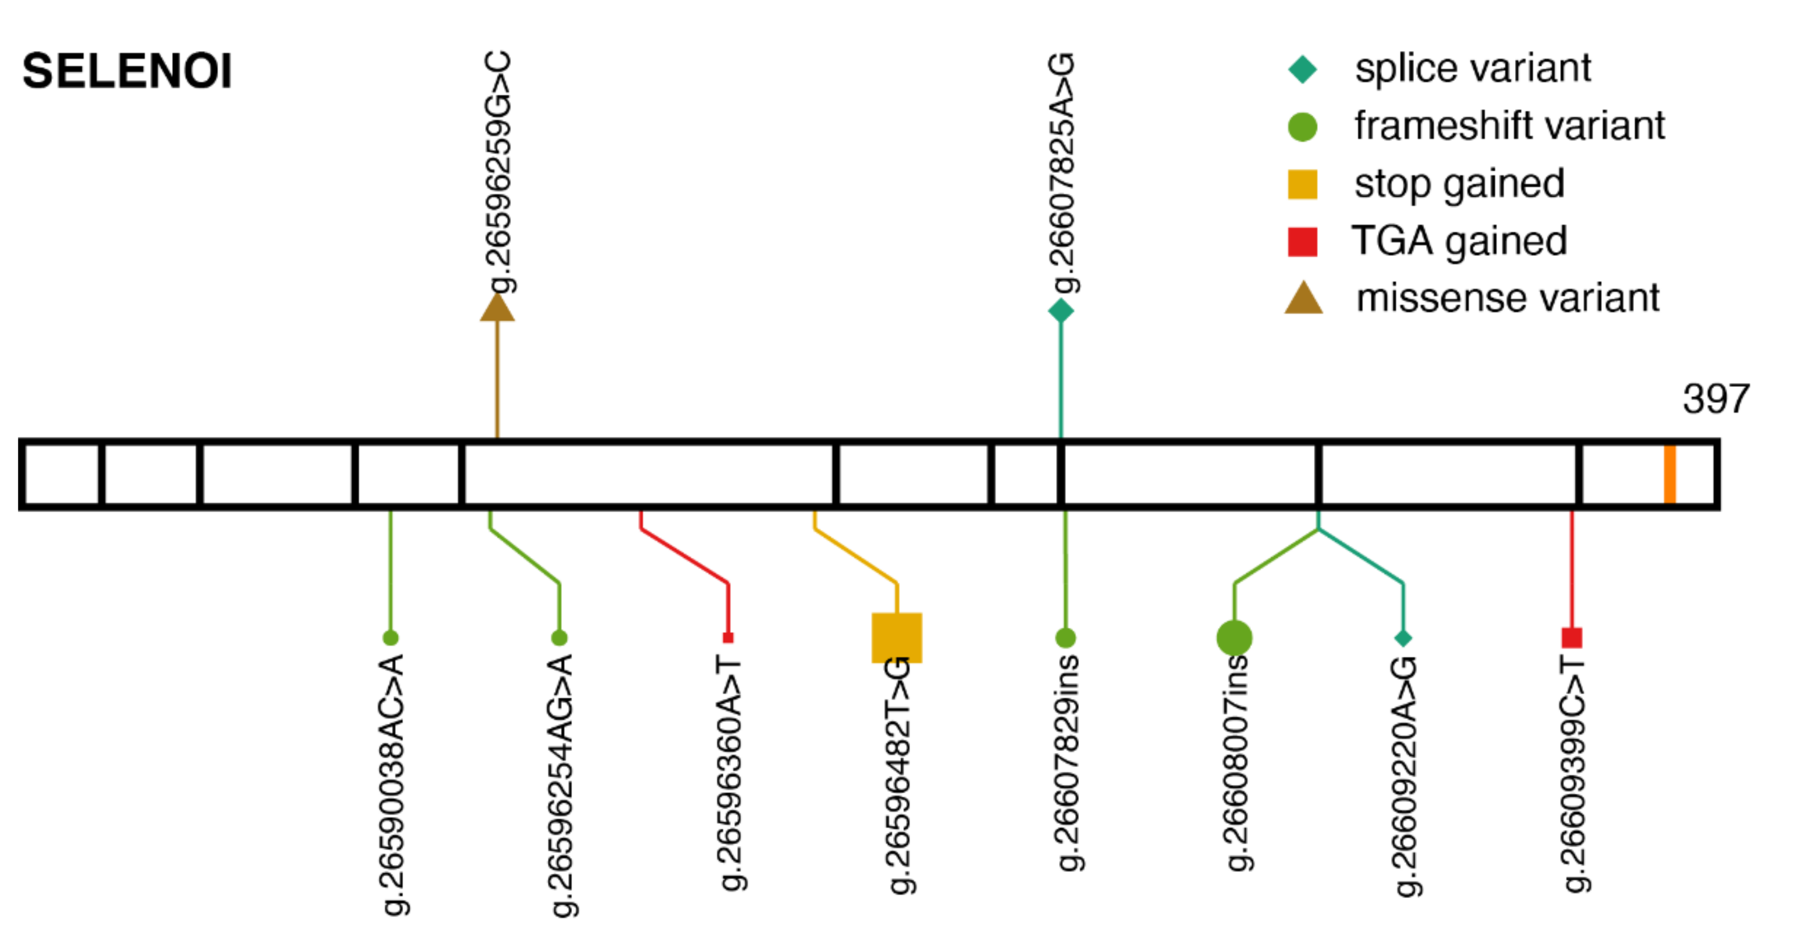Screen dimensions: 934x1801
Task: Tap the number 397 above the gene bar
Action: click(1716, 399)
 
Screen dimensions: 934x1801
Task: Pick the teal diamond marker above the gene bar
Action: click(1061, 311)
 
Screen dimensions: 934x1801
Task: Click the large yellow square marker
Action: click(896, 637)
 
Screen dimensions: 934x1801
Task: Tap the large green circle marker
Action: click(1234, 637)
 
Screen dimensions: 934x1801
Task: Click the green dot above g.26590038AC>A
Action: click(391, 637)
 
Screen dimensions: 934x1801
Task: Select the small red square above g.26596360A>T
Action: click(728, 637)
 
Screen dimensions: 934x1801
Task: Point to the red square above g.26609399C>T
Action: click(1571, 637)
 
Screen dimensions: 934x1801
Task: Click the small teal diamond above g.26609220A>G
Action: click(1403, 637)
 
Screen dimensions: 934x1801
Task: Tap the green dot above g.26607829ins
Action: click(1065, 637)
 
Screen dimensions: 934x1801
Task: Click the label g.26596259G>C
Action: click(498, 172)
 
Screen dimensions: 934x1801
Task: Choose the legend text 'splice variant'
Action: click(1473, 68)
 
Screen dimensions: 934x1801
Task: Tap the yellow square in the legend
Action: click(1302, 184)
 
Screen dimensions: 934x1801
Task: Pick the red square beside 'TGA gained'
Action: click(1302, 242)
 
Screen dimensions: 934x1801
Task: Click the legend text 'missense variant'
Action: click(1507, 298)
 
